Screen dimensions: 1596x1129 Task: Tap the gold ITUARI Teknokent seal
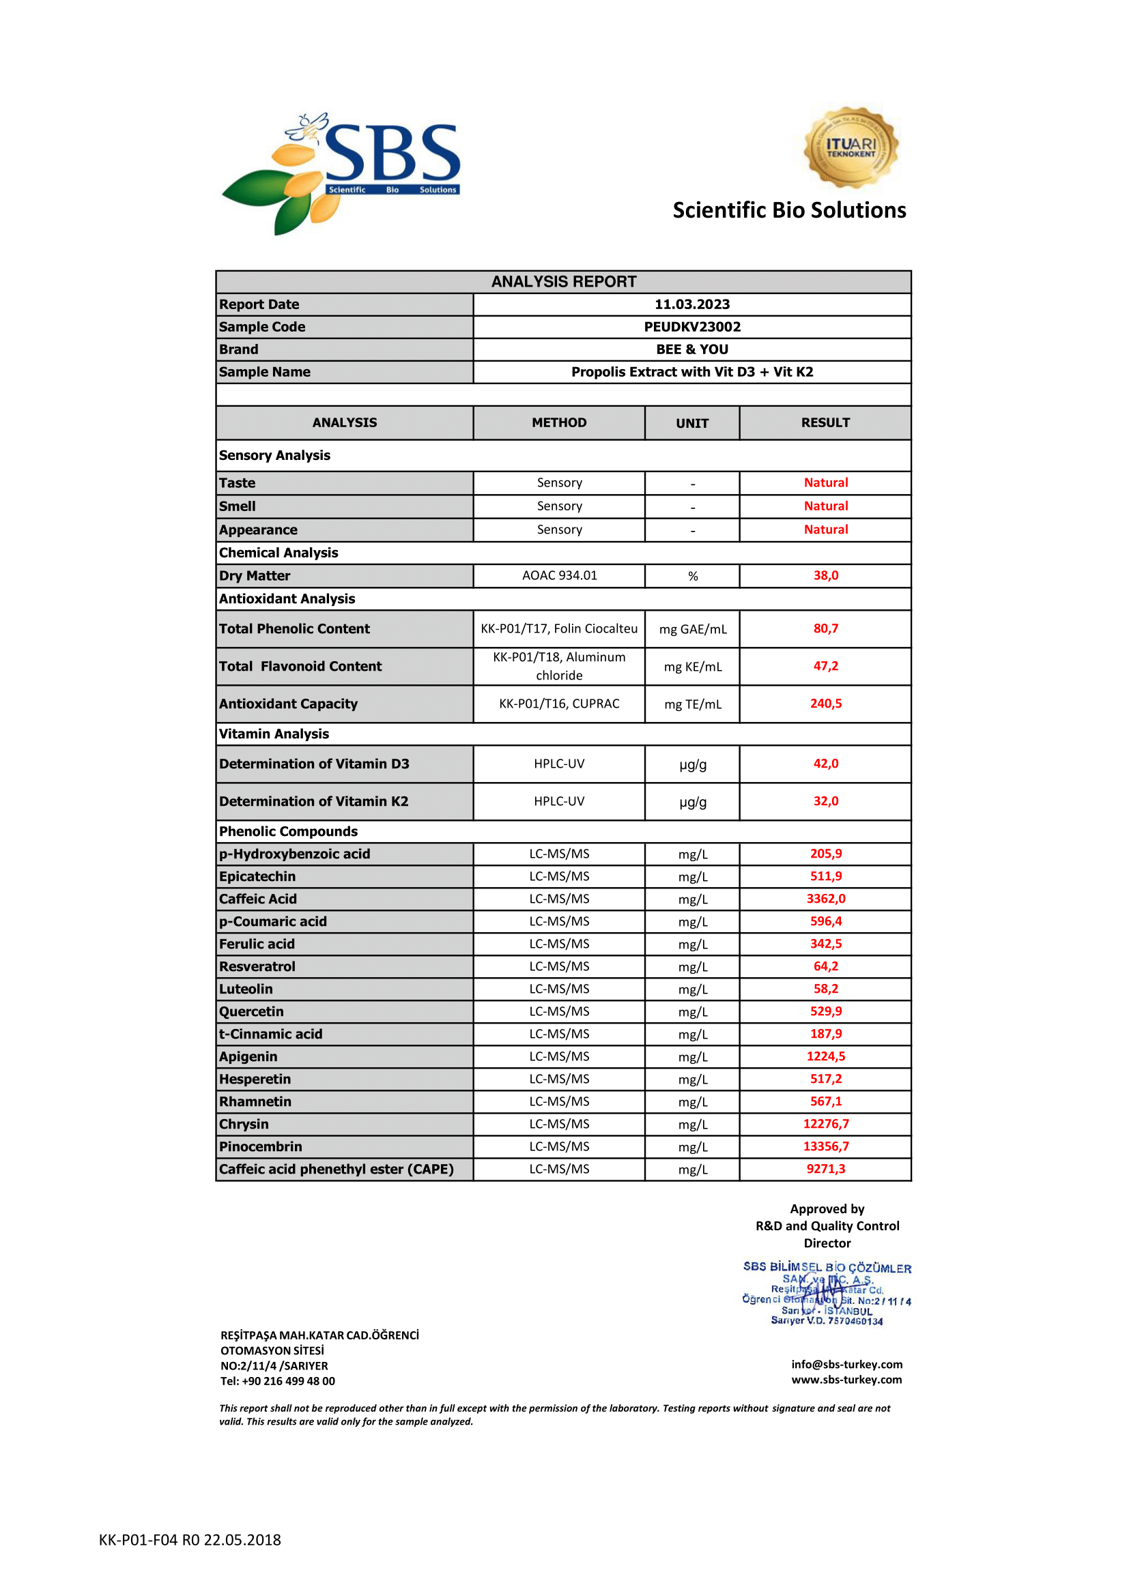click(851, 147)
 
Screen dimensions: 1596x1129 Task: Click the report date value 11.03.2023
click(691, 304)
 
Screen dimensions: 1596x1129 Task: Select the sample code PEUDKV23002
click(691, 327)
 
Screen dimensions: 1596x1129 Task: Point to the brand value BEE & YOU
click(691, 349)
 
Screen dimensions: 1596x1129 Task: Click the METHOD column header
click(559, 422)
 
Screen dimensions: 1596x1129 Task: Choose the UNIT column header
click(691, 423)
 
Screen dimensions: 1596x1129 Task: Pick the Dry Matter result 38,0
click(825, 576)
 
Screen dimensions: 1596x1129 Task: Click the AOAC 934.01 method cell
click(559, 576)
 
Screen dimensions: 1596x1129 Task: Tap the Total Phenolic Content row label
click(295, 629)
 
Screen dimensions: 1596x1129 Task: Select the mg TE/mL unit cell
click(692, 704)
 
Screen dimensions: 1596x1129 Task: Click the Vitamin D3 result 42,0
click(825, 764)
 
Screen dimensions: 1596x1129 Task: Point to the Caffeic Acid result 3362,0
click(825, 899)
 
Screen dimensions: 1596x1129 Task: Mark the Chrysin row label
click(244, 1124)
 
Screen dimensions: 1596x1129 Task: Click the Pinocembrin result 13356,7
click(825, 1146)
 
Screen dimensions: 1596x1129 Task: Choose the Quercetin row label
click(252, 1011)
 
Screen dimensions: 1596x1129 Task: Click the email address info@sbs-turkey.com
click(846, 1365)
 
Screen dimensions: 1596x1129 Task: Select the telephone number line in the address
click(277, 1381)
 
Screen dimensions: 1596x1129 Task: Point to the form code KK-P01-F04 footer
click(190, 1539)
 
